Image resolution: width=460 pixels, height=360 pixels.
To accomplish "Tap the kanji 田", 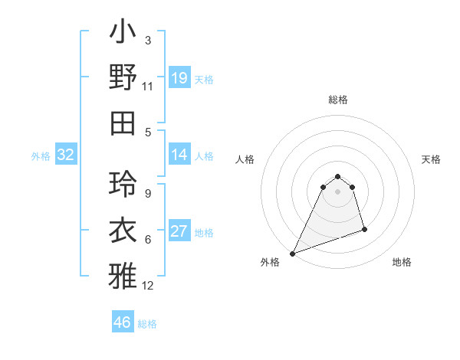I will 123,123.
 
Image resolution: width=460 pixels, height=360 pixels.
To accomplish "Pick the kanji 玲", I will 123,185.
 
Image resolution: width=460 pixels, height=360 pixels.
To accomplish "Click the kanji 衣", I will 123,230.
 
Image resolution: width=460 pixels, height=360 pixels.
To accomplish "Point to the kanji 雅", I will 123,275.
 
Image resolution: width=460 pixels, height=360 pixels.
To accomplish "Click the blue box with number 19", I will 179,78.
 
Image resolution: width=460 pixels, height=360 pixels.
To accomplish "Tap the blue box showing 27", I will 179,232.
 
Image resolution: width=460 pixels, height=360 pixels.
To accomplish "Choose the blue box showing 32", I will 66,155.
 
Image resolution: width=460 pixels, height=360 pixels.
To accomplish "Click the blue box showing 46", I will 122,322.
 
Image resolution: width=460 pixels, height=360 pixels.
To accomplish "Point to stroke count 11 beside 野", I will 148,87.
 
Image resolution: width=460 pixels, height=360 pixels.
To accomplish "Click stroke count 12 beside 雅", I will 148,286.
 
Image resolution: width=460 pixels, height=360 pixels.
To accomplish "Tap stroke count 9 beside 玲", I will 148,194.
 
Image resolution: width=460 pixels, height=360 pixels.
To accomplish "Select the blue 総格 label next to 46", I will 147,324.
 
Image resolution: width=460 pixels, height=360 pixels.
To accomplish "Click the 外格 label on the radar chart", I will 270,262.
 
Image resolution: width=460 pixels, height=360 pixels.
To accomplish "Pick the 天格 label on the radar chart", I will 431,159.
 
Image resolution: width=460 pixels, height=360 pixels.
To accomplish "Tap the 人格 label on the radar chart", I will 245,159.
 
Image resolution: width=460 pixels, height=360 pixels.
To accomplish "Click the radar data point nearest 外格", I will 292,254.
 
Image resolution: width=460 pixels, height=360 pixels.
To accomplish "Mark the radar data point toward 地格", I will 364,229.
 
